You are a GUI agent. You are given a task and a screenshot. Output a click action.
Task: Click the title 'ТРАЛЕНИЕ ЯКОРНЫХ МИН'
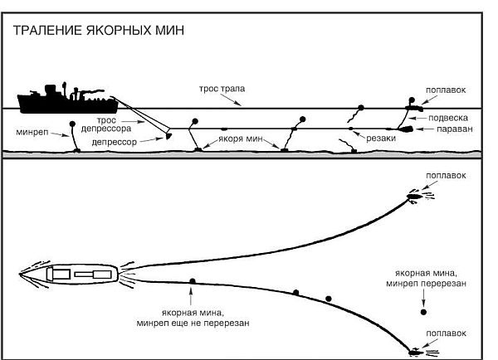(x=96, y=31)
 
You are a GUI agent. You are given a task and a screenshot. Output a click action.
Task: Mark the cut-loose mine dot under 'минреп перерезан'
(x=423, y=313)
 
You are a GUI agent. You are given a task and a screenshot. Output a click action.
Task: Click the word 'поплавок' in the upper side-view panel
(x=446, y=90)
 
